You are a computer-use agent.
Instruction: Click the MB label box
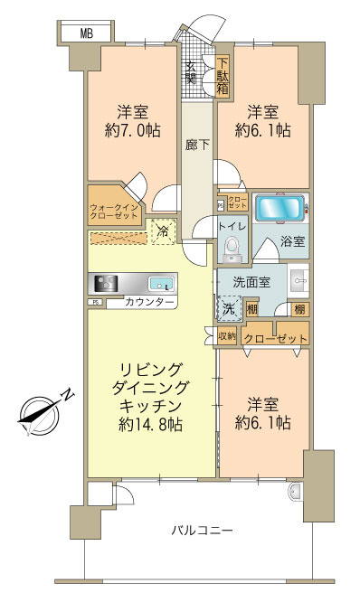(x=86, y=34)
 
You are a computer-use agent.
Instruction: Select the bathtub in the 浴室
(x=279, y=210)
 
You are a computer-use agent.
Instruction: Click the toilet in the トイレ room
(x=232, y=245)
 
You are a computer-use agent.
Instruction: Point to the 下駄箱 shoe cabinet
(x=222, y=76)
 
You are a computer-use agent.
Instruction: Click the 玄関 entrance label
(x=192, y=72)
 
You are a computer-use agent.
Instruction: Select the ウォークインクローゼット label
(x=113, y=212)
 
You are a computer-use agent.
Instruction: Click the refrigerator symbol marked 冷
(x=163, y=231)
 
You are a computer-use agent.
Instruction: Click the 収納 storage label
(x=227, y=336)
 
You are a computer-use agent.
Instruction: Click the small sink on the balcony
(x=296, y=493)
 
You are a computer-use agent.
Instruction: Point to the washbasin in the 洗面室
(x=299, y=282)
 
